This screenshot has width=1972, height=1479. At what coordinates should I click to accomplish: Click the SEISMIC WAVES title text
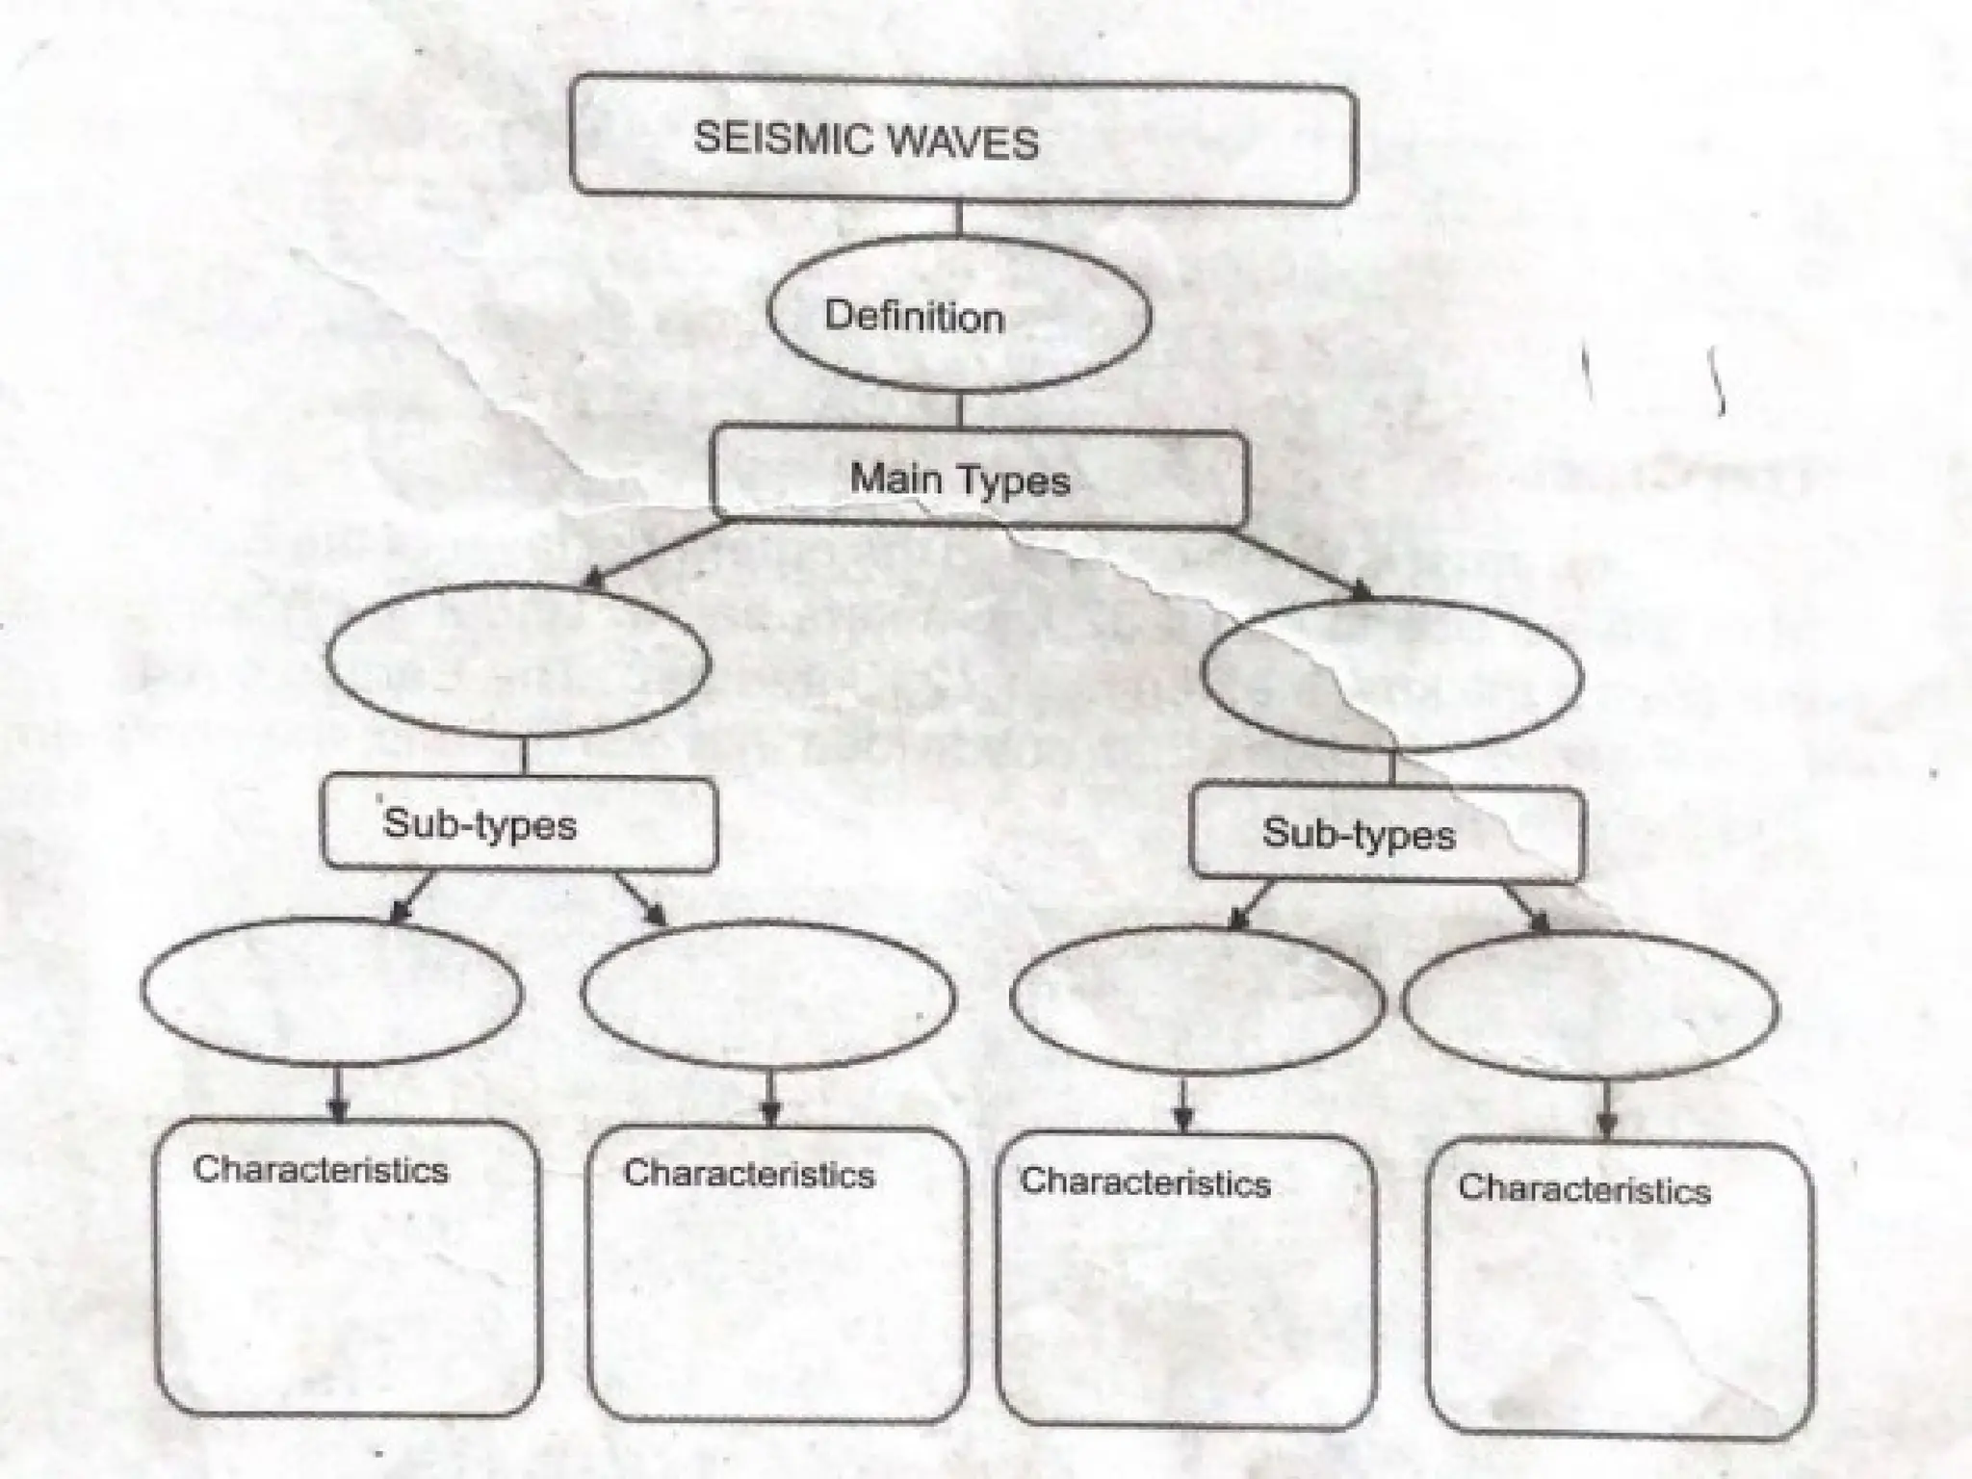click(x=866, y=141)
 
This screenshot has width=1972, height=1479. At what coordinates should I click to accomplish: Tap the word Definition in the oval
click(x=914, y=317)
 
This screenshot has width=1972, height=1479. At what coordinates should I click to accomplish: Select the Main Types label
click(x=960, y=480)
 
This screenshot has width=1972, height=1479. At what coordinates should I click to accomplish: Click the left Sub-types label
click(x=480, y=824)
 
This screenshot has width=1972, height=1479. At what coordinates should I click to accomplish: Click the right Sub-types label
click(x=1358, y=834)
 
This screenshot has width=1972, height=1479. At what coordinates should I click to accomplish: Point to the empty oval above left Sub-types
click(x=518, y=662)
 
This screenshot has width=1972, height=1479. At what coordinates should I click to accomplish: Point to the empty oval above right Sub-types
click(x=1391, y=673)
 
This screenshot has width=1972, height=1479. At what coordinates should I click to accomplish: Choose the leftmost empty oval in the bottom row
click(x=332, y=992)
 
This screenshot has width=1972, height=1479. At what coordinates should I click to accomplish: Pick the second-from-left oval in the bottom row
click(x=768, y=996)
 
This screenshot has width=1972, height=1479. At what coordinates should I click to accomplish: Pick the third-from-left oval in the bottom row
click(x=1197, y=1000)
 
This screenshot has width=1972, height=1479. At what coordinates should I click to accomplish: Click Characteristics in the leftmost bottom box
click(x=321, y=1170)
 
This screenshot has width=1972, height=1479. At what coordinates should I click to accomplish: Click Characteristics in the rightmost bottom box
click(x=1584, y=1189)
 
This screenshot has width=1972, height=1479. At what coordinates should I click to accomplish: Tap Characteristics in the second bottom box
click(x=749, y=1175)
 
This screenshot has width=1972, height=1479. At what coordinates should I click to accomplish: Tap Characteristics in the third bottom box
click(x=1146, y=1181)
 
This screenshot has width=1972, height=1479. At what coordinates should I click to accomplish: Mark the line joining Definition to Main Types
click(x=959, y=410)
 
